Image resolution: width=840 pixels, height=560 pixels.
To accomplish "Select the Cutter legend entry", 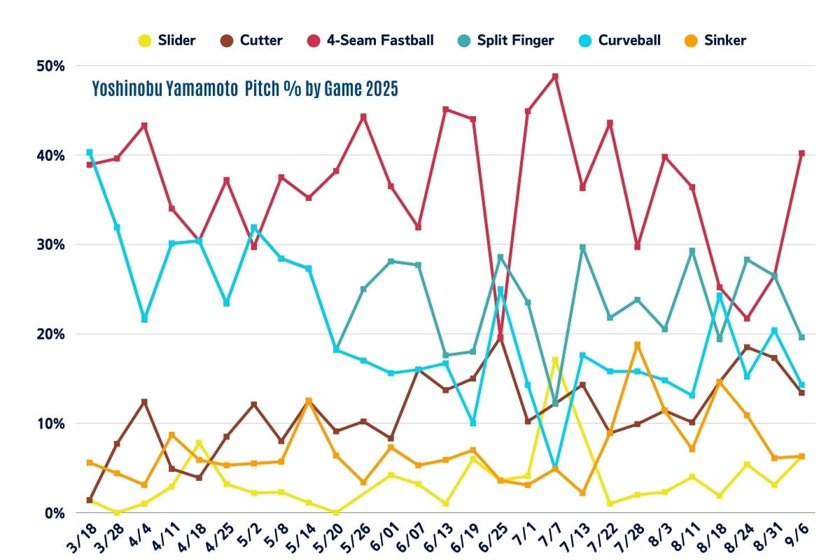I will pos(253,40).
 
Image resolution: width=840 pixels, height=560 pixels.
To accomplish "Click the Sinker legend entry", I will pos(717,40).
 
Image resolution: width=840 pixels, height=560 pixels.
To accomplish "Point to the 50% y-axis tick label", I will pos(50,66).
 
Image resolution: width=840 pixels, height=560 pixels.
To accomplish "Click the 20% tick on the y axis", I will pos(50,334).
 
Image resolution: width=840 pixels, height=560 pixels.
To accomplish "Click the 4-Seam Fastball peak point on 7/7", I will pos(555,76).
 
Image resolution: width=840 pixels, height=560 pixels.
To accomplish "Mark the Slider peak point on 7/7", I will pos(555,360).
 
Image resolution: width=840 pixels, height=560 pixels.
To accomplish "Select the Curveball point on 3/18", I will pos(90,152).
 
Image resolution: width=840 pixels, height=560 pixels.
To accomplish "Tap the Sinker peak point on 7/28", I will pos(637,344).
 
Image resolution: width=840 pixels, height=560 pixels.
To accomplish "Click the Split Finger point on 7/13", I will pos(582,247).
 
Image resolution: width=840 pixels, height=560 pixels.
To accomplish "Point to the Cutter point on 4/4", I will pos(144,402).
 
